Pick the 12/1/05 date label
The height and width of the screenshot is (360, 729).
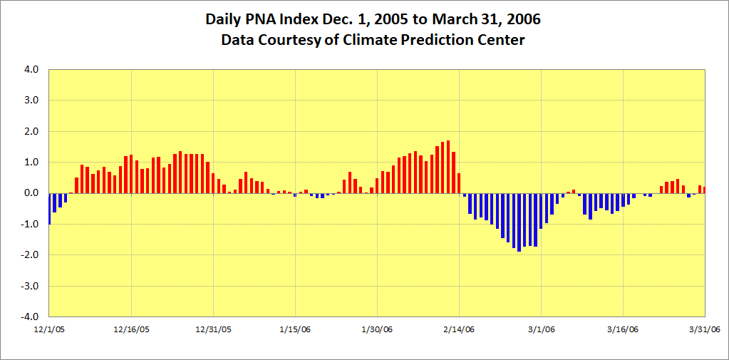point(50,329)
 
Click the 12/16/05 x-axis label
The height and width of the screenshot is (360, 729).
point(132,329)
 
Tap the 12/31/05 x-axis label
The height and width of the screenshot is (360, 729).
point(214,329)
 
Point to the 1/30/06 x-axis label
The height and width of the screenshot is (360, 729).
point(378,329)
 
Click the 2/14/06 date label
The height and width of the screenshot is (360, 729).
point(460,329)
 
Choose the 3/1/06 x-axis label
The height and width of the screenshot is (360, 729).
point(542,329)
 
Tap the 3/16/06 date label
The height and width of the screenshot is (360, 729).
point(624,329)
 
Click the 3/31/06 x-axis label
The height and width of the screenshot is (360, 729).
point(705,329)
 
